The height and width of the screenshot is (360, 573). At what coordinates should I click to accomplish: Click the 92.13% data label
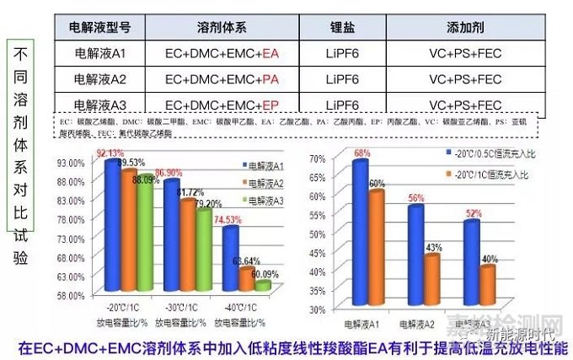(110, 153)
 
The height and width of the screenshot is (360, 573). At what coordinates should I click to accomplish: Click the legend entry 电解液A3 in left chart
(269, 199)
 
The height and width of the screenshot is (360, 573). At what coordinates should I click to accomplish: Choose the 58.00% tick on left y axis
(72, 295)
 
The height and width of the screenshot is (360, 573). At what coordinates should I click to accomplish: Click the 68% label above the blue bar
(362, 153)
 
